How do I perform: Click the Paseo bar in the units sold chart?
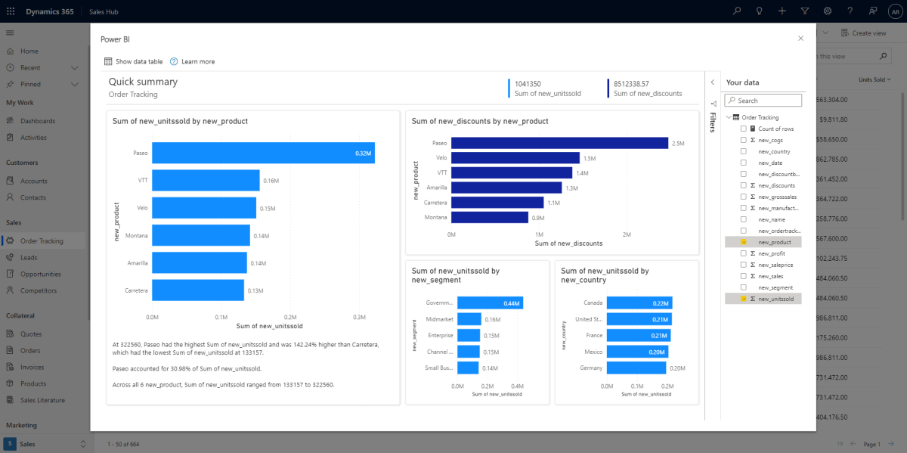pos(262,153)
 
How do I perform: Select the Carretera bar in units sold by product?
pos(198,290)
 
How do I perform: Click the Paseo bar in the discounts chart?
pos(559,143)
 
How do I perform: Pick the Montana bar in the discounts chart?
pos(490,217)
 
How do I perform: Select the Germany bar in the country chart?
pos(636,368)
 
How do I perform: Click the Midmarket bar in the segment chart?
pos(469,319)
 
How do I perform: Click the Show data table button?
pos(134,61)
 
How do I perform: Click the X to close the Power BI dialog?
pos(800,39)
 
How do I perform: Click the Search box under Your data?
pos(763,101)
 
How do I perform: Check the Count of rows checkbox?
pos(743,129)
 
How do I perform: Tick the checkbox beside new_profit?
pos(743,253)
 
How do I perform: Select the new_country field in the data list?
pos(774,151)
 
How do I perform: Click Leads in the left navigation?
pos(29,257)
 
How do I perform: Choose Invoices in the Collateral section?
pos(33,367)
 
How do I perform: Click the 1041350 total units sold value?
pos(528,84)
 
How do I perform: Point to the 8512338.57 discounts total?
pos(631,84)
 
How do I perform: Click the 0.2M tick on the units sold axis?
pos(290,318)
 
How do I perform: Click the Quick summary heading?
pos(143,82)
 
